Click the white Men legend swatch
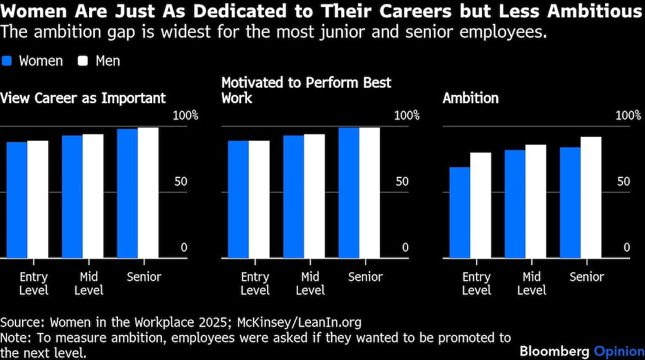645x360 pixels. click(x=83, y=61)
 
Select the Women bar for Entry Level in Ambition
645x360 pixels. click(x=459, y=213)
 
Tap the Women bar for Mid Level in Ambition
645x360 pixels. click(x=515, y=204)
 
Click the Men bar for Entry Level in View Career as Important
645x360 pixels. click(x=37, y=199)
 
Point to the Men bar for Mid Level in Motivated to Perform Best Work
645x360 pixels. click(x=314, y=196)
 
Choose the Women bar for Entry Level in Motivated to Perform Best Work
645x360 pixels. click(x=239, y=199)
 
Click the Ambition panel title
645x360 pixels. click(x=470, y=99)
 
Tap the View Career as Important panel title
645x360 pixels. click(x=83, y=99)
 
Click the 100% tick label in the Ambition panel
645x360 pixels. click(x=628, y=115)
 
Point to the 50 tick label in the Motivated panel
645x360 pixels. click(x=402, y=181)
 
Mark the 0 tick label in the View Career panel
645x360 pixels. click(x=183, y=248)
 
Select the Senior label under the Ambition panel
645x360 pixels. click(x=587, y=277)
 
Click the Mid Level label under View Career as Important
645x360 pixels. click(x=89, y=283)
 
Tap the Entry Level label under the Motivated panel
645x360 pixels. click(x=255, y=283)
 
